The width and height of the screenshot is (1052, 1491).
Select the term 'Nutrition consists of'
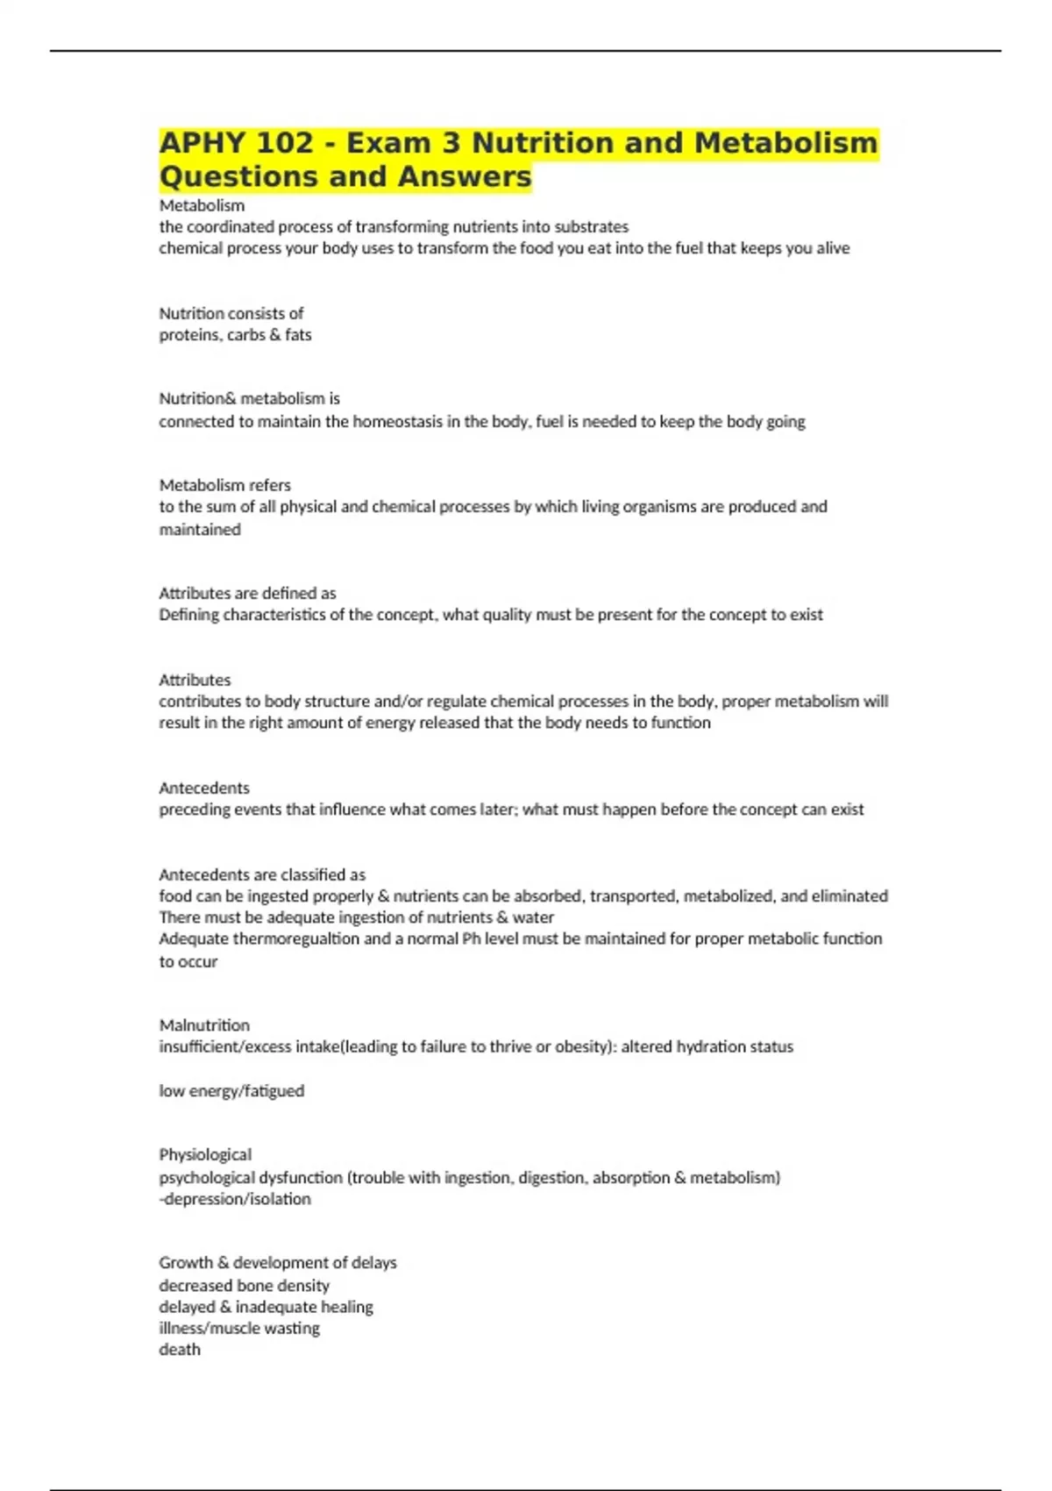tap(231, 313)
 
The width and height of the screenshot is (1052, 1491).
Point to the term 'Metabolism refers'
tap(224, 485)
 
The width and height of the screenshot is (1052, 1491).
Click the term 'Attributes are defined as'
tap(247, 593)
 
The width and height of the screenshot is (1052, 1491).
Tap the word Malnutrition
tap(204, 1025)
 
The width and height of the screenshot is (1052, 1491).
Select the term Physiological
tap(205, 1154)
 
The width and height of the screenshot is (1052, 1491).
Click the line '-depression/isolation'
tap(235, 1199)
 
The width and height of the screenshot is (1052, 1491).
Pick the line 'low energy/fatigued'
tap(231, 1091)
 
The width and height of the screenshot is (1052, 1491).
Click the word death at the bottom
tap(180, 1350)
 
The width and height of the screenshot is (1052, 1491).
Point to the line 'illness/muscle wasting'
tap(239, 1328)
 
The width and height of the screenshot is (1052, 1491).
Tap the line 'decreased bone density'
tap(244, 1286)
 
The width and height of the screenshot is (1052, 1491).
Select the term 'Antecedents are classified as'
tap(262, 874)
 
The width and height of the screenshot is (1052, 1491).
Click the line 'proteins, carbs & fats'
tap(235, 335)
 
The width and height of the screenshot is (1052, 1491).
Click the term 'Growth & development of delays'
tap(278, 1263)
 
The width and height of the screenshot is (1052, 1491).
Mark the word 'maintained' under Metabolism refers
tap(200, 530)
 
